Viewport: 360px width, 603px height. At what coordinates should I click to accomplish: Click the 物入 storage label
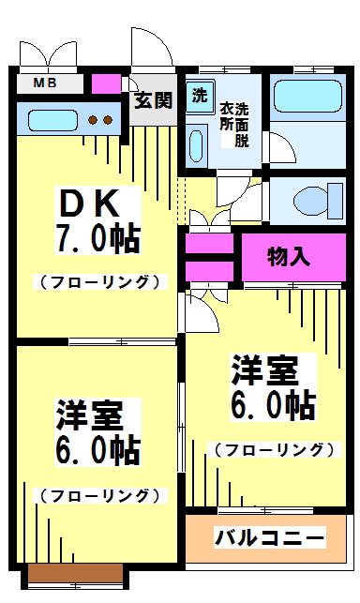288,256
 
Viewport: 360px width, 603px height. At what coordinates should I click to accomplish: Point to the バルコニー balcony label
269,538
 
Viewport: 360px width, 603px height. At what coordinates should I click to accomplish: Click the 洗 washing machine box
200,95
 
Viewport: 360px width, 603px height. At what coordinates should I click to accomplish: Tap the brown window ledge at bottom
76,572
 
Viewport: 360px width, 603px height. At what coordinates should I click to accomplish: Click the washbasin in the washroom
196,145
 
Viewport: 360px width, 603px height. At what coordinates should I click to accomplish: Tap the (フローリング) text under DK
98,280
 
